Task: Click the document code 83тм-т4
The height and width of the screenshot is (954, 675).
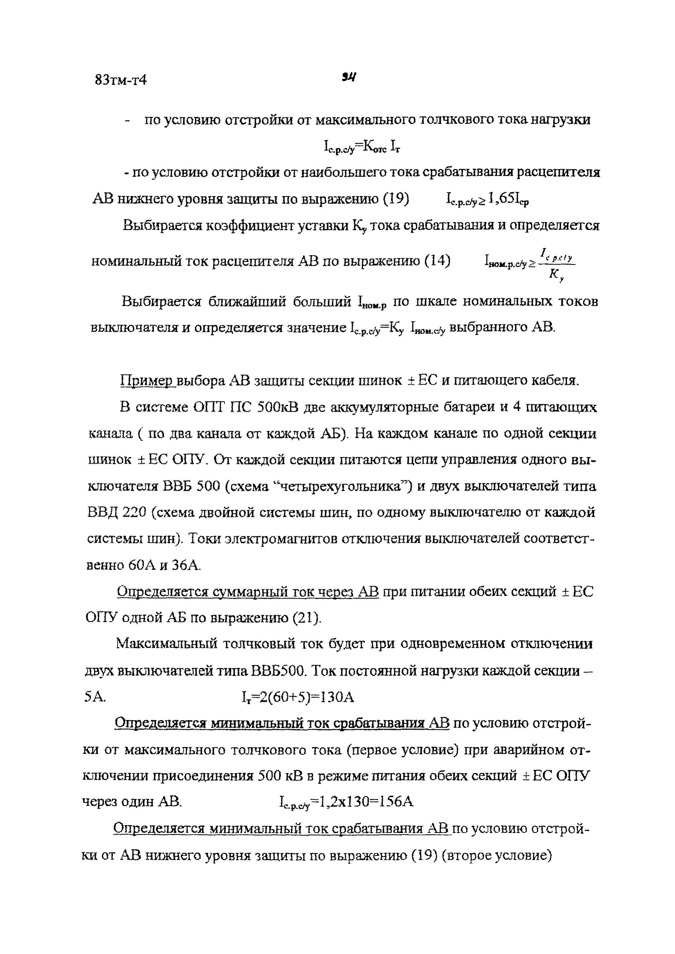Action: [120, 80]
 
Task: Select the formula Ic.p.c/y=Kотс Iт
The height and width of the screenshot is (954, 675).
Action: [362, 147]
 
